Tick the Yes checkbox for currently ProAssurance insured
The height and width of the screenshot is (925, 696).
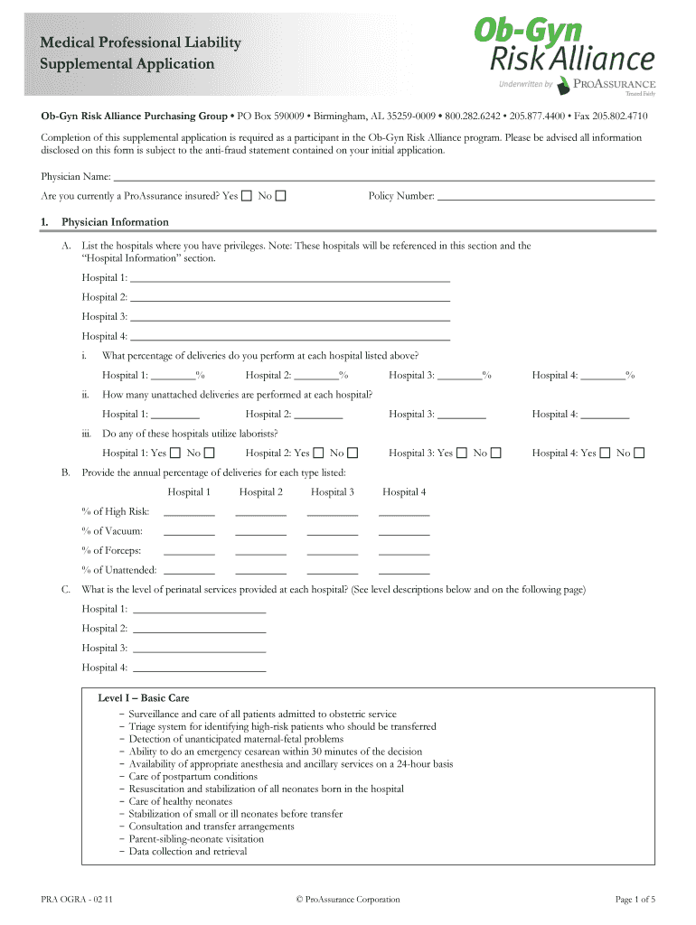click(248, 196)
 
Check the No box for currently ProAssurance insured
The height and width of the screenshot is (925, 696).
click(281, 196)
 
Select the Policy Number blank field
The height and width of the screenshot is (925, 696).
click(546, 196)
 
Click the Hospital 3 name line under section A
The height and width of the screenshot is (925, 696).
click(290, 316)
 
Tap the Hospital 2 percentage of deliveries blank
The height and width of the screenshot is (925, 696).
click(316, 375)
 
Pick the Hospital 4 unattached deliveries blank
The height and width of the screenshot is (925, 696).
click(605, 414)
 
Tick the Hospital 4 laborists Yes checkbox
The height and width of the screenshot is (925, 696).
click(606, 453)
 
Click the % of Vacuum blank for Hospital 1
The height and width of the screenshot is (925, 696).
click(189, 531)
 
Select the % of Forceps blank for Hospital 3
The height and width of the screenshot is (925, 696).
click(333, 551)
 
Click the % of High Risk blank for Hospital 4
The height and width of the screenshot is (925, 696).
click(404, 511)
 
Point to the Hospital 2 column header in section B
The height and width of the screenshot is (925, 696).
click(261, 492)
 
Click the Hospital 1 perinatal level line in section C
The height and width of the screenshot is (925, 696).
click(199, 609)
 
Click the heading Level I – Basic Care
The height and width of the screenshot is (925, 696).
click(144, 698)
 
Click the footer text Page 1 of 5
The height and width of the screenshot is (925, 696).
click(635, 899)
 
